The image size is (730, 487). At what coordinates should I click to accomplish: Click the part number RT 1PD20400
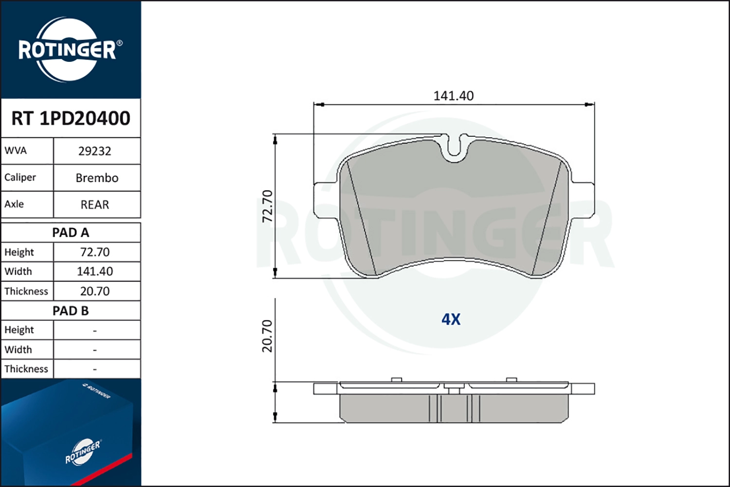71,118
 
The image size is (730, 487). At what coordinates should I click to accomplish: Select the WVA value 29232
95,151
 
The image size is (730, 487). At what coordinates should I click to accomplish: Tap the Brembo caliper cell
97,178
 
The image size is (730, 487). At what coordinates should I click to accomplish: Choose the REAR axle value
95,205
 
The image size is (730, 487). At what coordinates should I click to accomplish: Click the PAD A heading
71,233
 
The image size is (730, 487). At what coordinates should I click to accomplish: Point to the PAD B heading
71,311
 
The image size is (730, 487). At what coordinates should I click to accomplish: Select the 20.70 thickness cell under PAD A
95,291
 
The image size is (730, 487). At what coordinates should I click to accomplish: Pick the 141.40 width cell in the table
95,271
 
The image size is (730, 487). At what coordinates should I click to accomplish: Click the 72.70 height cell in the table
95,252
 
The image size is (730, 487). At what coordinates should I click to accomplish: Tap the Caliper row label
20,177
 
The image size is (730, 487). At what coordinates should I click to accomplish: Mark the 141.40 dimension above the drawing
454,96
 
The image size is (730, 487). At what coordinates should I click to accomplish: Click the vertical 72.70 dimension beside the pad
268,206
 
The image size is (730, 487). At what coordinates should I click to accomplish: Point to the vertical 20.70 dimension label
267,336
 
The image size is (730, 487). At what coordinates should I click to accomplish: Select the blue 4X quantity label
451,319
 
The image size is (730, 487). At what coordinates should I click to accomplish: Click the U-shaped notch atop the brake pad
454,147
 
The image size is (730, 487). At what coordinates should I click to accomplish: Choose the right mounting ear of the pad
583,200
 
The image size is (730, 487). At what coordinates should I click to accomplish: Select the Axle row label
14,204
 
